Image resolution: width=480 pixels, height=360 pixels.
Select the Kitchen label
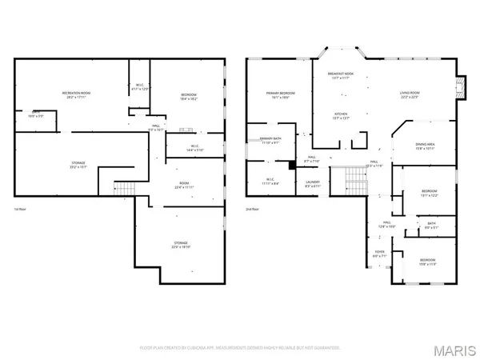click(339, 114)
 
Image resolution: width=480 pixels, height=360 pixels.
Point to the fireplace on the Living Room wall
click(459, 87)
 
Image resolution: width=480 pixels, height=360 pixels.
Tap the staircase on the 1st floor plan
click(122, 189)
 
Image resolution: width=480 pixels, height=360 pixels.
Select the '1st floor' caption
click(22, 210)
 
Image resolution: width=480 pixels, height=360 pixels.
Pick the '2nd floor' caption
click(254, 210)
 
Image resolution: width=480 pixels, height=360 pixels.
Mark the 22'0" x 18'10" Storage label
click(182, 245)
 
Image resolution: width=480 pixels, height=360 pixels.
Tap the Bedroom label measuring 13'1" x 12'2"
click(430, 193)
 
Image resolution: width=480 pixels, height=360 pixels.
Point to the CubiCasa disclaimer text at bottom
click(239, 348)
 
